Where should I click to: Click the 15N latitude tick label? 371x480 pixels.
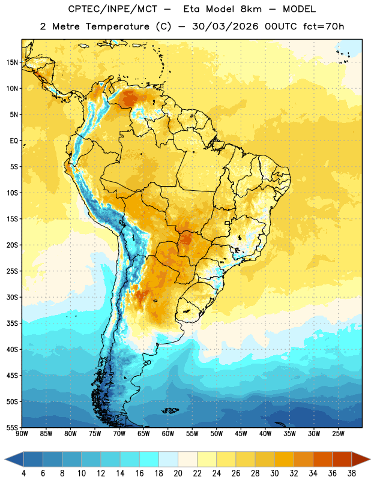(12, 62)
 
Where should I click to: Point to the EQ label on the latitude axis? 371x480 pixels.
(14, 141)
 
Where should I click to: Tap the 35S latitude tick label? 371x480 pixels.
(12, 323)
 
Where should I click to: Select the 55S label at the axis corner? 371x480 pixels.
(12, 427)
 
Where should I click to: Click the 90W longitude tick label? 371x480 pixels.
(22, 433)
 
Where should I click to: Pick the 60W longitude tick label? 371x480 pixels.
(168, 433)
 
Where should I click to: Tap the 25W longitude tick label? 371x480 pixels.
(338, 433)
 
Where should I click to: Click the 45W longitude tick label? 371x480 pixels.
(241, 433)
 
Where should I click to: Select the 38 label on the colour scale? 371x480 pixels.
(352, 473)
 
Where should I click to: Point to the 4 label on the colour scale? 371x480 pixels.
(23, 473)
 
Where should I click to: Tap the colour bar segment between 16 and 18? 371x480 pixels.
(149, 459)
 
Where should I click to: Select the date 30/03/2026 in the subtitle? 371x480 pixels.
(225, 26)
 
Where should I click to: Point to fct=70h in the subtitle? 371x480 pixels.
(324, 26)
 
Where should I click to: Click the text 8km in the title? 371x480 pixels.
(251, 9)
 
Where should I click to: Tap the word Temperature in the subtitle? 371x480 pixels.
(117, 26)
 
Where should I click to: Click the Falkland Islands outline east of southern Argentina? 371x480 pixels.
(170, 410)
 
